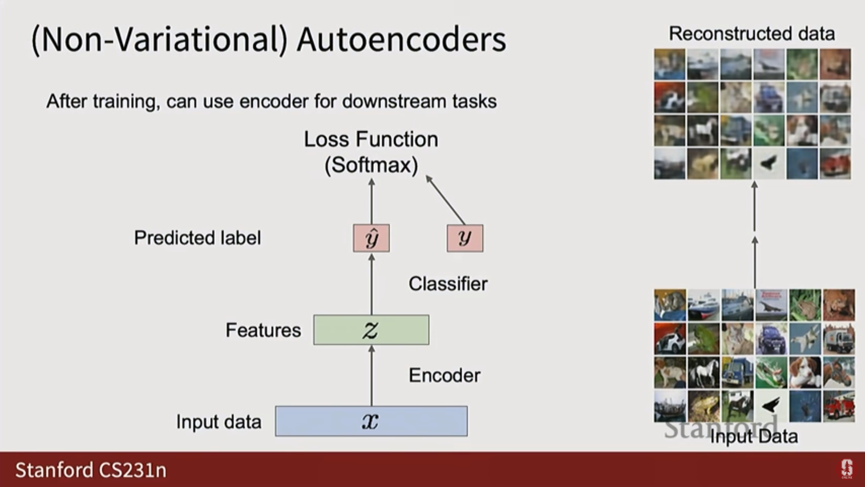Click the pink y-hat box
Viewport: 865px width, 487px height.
coord(371,238)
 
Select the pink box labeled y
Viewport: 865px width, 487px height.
coord(465,238)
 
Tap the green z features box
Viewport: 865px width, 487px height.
coord(371,330)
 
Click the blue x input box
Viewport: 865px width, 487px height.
coord(371,421)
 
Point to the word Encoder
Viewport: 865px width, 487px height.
coord(444,376)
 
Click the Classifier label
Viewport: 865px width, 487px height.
coord(448,284)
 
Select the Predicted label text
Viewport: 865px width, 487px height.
coord(197,238)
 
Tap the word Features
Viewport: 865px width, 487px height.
coord(263,331)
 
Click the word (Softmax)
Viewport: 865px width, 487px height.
coord(371,165)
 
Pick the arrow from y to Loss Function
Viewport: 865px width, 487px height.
coord(445,199)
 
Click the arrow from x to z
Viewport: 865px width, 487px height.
coord(372,376)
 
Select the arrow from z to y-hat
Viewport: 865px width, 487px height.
coord(372,284)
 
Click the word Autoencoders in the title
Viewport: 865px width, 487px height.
coord(401,40)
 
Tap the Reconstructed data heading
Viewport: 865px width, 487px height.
coord(752,34)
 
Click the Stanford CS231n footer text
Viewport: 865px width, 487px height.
coord(91,470)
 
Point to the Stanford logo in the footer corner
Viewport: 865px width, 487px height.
coord(847,469)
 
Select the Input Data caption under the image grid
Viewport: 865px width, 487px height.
coord(754,436)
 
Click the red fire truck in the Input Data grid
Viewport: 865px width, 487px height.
coord(839,406)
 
